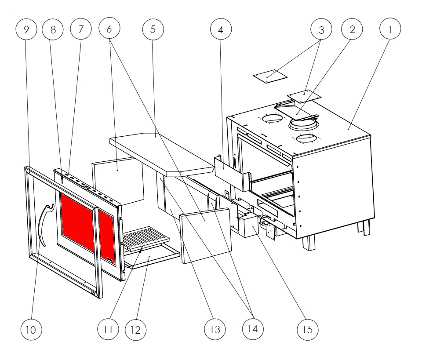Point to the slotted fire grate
[146, 239]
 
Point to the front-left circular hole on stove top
[273, 118]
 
